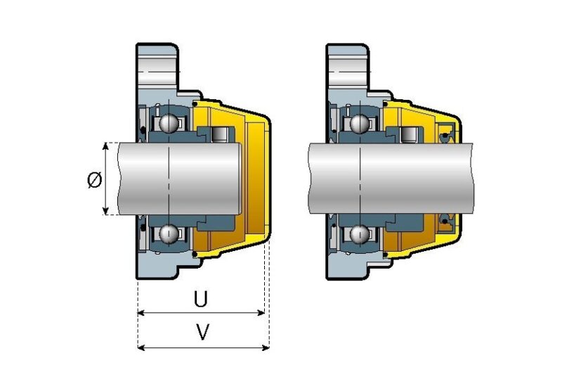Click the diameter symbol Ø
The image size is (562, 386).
pyautogui.click(x=94, y=180)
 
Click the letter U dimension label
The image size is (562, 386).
pyautogui.click(x=201, y=300)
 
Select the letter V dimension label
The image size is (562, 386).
pyautogui.click(x=202, y=333)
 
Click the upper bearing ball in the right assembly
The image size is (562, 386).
pyautogui.click(x=360, y=124)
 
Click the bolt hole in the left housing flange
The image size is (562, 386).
pyautogui.click(x=160, y=70)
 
